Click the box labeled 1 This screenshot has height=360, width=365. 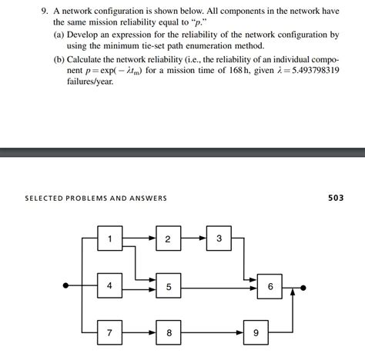point(109,238)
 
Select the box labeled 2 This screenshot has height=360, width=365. point(168,238)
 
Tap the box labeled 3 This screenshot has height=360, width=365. point(219,238)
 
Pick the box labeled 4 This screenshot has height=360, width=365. point(109,286)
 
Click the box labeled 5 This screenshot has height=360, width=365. point(168,287)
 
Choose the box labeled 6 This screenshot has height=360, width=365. point(270,286)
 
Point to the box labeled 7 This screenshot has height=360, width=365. point(109,333)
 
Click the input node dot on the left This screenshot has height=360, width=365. point(66,286)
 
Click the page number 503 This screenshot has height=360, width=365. point(336,198)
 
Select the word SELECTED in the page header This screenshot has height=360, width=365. point(44,198)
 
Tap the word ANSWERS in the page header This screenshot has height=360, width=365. point(147,198)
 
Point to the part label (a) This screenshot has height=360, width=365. point(59,35)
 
